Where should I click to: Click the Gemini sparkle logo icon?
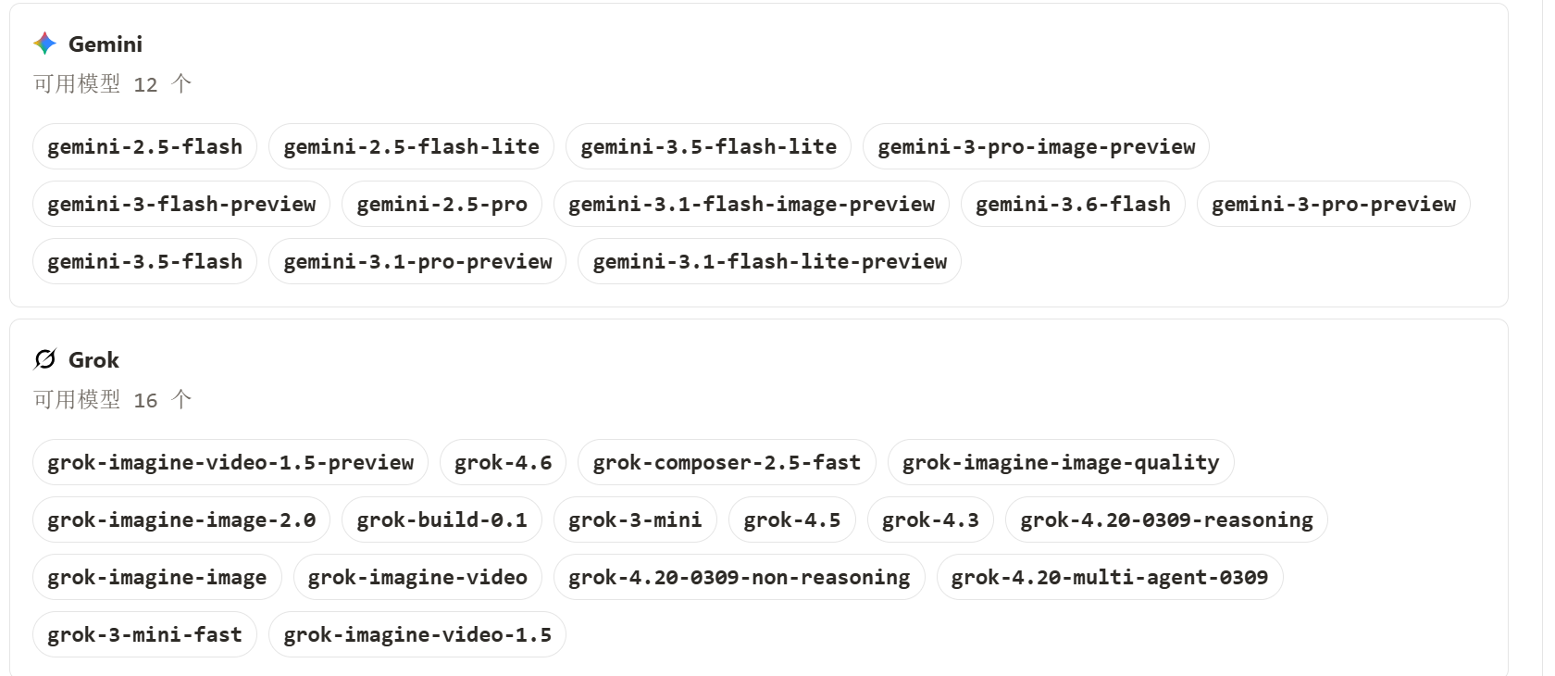(x=45, y=44)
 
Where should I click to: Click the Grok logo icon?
(x=45, y=359)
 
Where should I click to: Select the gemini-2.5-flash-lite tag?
(x=411, y=146)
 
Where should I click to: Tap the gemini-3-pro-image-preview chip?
(x=1036, y=146)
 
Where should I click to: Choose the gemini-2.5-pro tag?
(x=442, y=205)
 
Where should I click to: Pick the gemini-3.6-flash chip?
(x=1073, y=205)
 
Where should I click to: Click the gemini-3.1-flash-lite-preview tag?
(x=769, y=261)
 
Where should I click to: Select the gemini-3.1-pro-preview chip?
(x=417, y=261)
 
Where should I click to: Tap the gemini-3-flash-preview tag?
(x=181, y=205)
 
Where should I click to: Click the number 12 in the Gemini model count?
(x=145, y=85)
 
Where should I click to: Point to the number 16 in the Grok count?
(x=145, y=400)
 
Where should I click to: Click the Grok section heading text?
(x=93, y=360)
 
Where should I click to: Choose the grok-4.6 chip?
(x=503, y=463)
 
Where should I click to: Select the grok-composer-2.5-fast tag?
(x=727, y=463)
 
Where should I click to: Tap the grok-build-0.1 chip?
(x=442, y=520)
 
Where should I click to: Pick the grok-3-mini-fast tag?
(x=144, y=634)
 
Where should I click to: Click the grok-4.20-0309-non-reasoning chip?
(x=739, y=577)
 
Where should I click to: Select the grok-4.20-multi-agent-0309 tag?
(x=1109, y=577)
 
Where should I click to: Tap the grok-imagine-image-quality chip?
(x=1061, y=463)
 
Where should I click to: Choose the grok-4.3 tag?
(x=930, y=520)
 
